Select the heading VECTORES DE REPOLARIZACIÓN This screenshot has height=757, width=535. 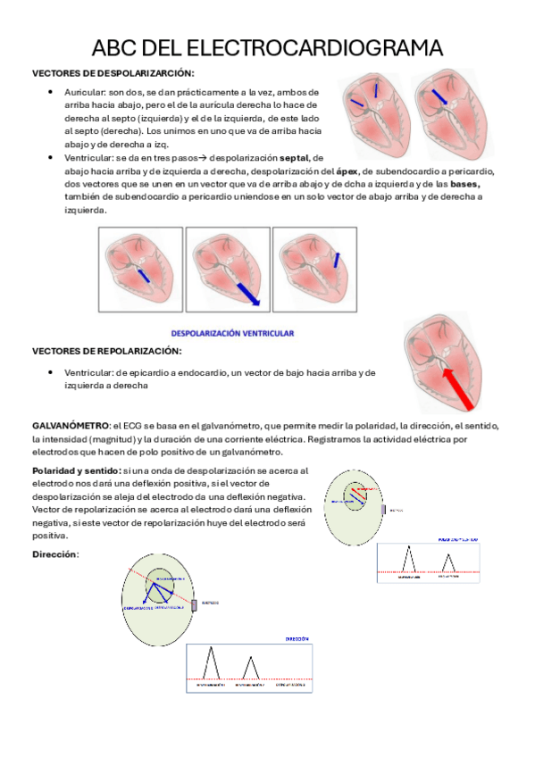(106, 351)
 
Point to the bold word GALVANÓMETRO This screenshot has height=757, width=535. (70, 426)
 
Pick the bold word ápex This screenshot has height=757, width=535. (349, 170)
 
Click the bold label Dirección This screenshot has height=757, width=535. (54, 554)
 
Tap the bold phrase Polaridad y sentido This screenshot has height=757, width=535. (76, 470)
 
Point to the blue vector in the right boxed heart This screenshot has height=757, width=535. (334, 262)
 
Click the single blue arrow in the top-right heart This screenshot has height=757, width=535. (437, 97)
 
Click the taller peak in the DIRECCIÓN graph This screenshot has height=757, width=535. (211, 661)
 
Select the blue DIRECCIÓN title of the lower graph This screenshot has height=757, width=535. (297, 639)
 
